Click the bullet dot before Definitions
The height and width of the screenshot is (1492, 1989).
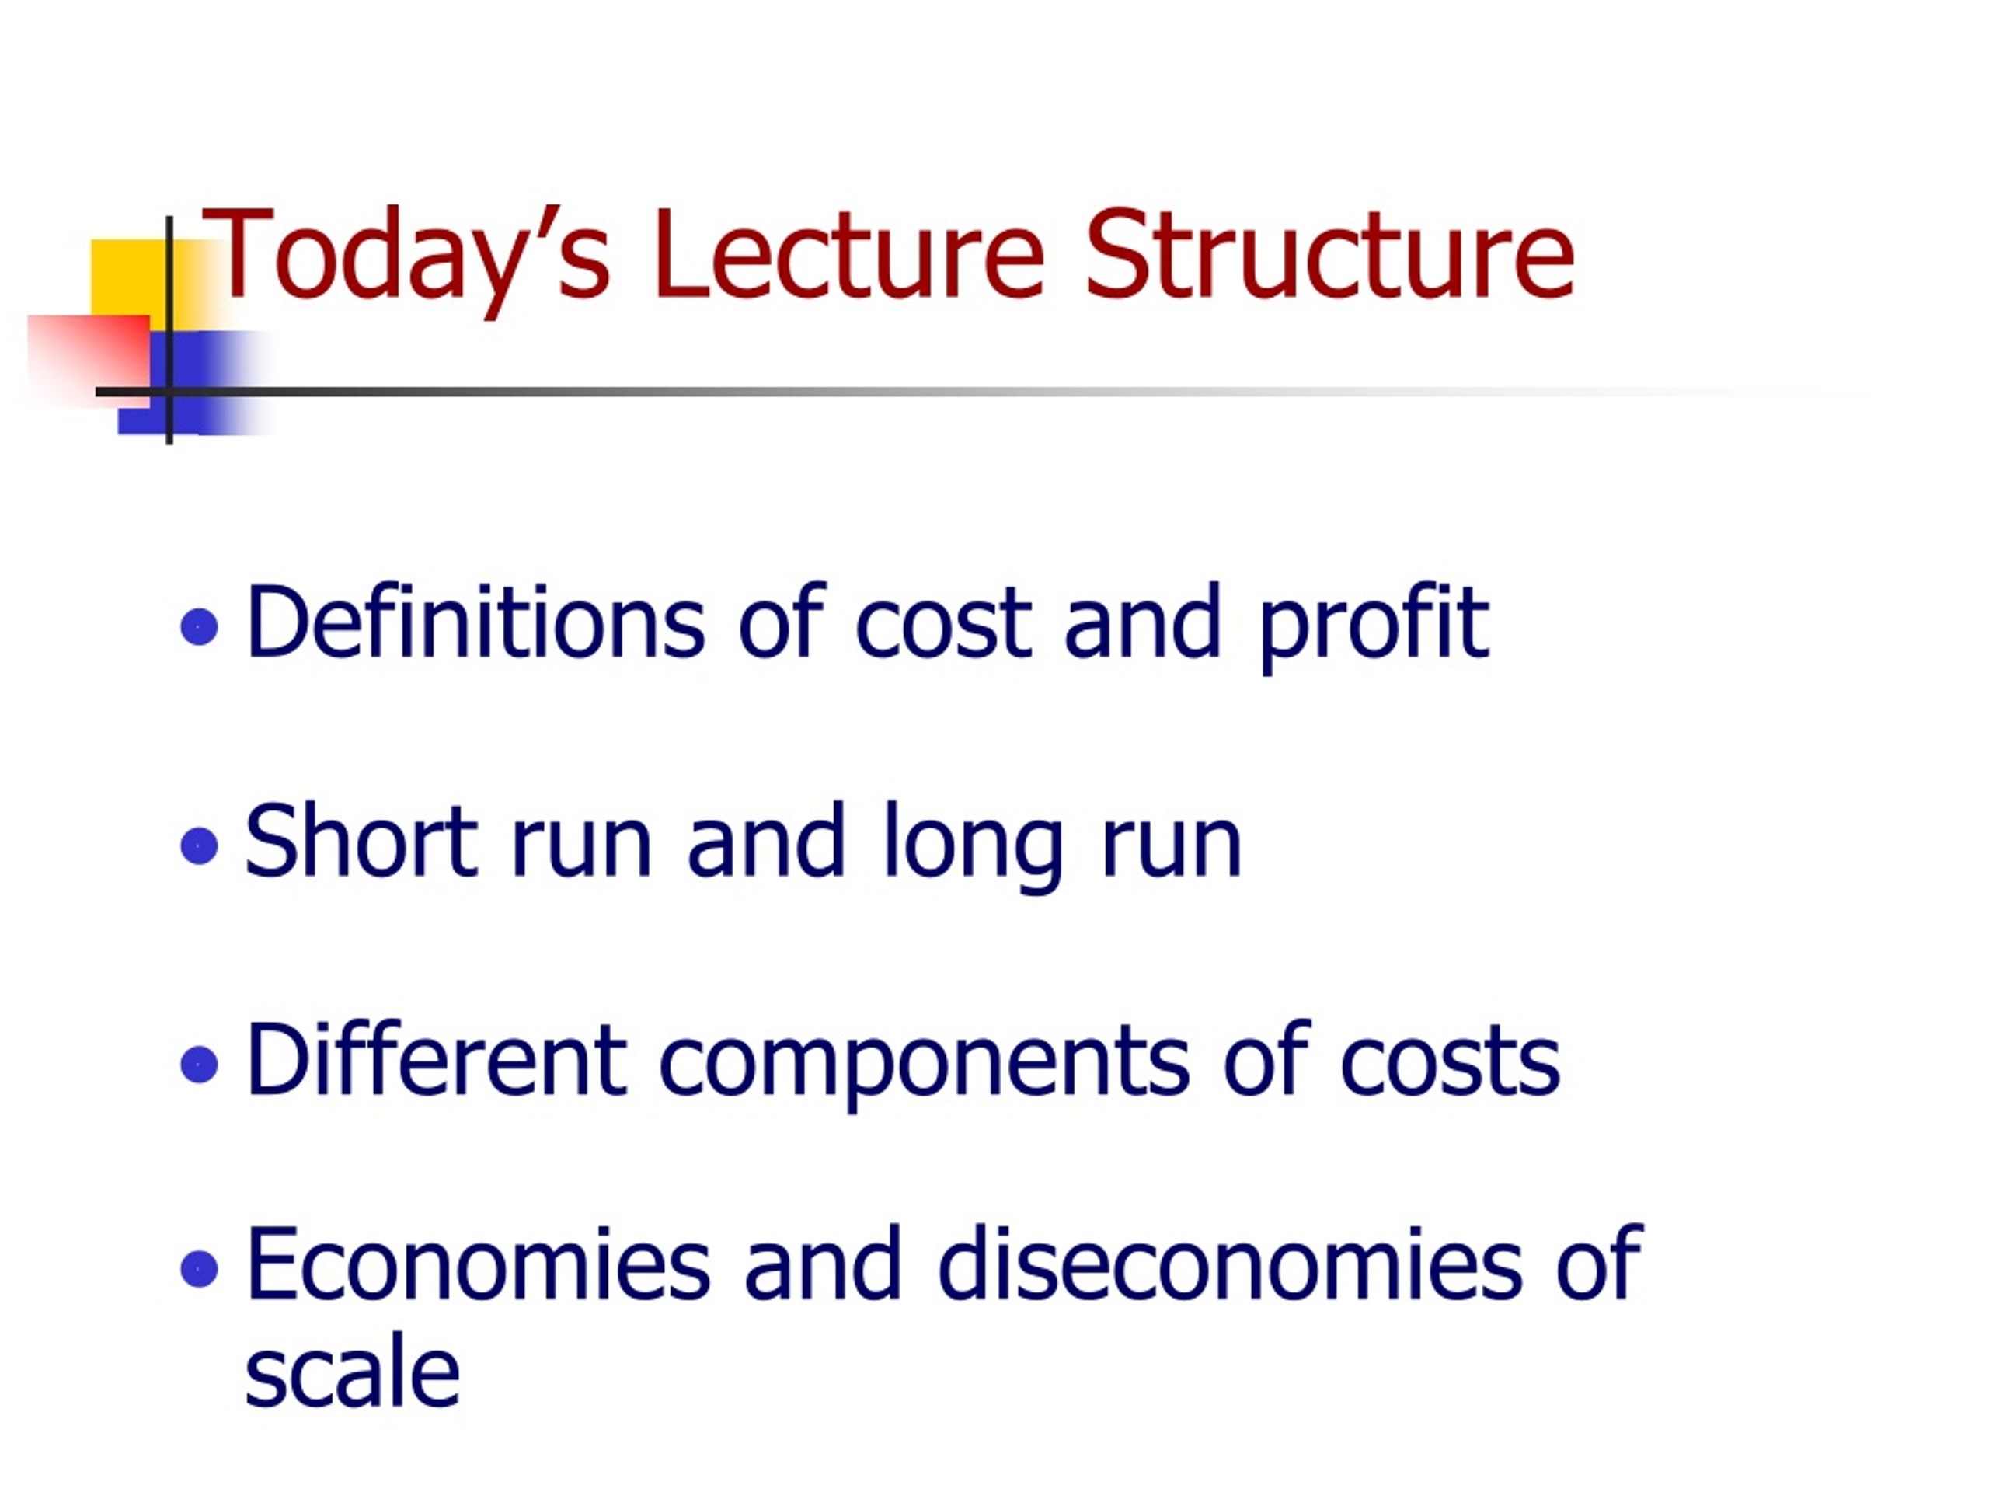200,627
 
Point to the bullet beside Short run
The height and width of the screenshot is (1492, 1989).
200,845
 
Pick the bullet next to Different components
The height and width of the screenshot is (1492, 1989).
200,1065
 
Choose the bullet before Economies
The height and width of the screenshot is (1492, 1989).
200,1270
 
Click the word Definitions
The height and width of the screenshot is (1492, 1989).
475,621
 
